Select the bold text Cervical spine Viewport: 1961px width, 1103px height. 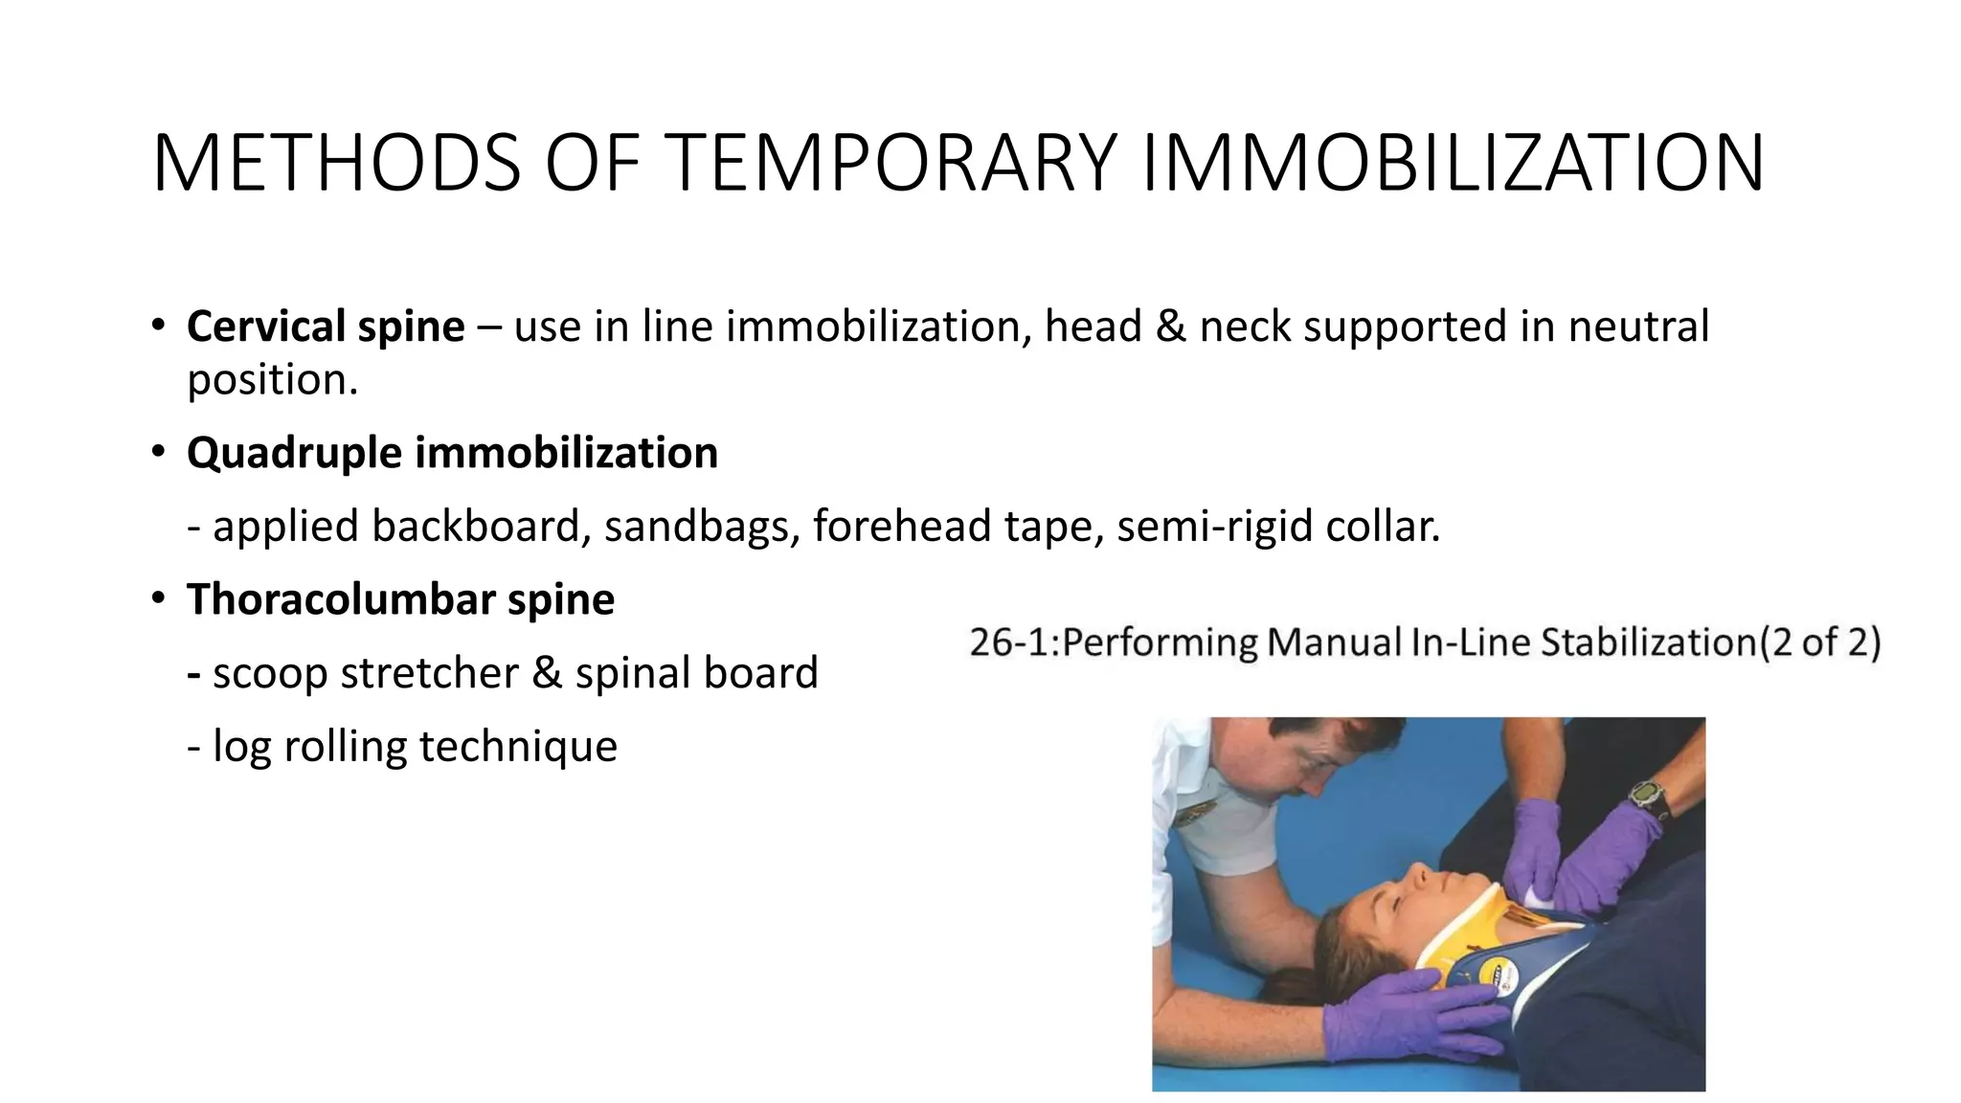(x=326, y=326)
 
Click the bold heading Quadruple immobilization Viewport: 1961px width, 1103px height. (x=452, y=453)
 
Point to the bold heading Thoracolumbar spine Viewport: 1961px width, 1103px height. (x=400, y=599)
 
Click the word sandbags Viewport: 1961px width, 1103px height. (x=702, y=526)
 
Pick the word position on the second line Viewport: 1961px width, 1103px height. (x=272, y=379)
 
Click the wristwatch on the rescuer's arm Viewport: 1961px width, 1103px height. (x=1650, y=798)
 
